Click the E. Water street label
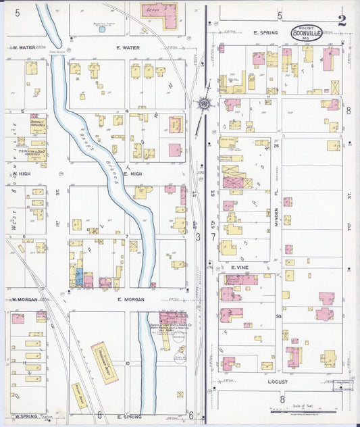click(128, 48)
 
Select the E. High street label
click(127, 174)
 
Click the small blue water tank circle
click(102, 29)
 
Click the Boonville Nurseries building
click(38, 124)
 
